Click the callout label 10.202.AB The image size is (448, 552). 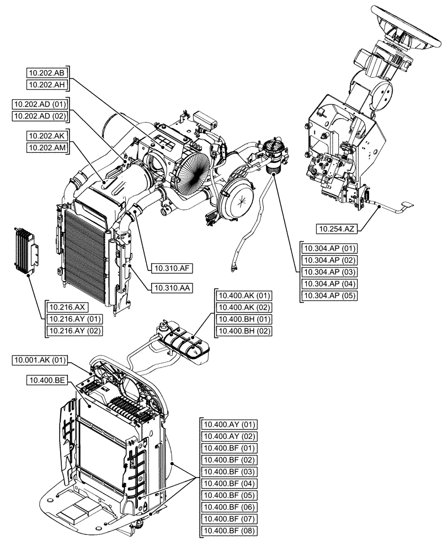[48, 72]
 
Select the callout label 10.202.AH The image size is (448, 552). [48, 84]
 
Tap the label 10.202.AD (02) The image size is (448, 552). [41, 115]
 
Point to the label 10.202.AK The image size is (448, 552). [48, 135]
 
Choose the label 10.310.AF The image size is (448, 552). [170, 269]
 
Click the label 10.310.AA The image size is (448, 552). [170, 288]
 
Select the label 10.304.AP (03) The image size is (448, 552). [329, 272]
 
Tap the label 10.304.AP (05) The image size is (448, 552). [329, 296]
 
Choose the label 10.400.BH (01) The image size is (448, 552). [244, 319]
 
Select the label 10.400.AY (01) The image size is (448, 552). [230, 424]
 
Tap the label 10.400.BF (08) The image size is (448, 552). [230, 531]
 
